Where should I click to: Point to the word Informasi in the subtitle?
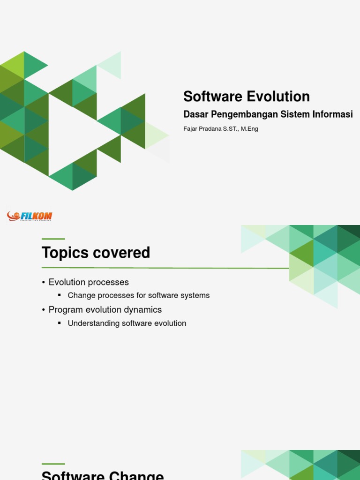pos(331,114)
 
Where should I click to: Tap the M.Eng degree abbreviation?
pos(249,129)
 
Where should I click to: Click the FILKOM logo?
pos(30,216)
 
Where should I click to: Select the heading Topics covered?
pos(96,253)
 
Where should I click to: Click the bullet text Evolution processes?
pos(89,282)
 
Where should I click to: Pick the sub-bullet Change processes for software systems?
pos(138,295)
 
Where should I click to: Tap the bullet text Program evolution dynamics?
pos(105,310)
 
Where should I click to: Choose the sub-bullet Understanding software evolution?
pos(127,323)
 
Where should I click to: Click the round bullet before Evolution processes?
pos(44,282)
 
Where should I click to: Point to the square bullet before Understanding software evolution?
pos(60,323)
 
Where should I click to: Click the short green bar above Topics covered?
pos(53,239)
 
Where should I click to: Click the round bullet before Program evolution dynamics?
pos(44,310)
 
